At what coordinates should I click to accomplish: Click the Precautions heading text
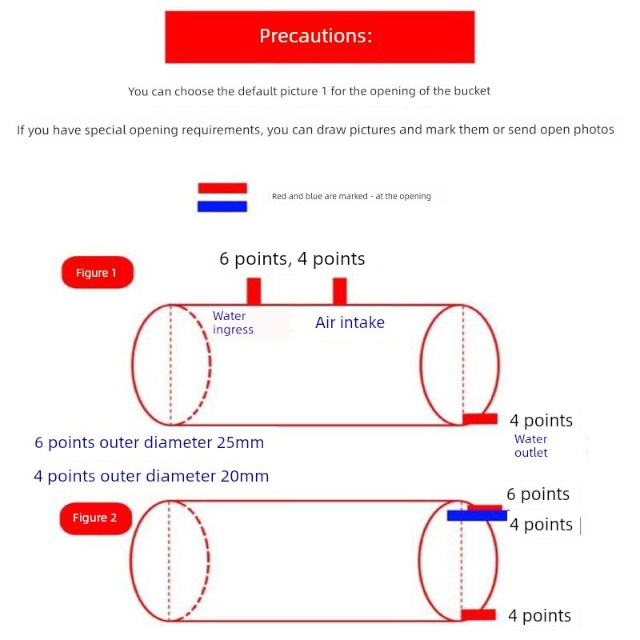(x=316, y=36)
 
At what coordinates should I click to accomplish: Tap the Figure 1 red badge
(x=97, y=273)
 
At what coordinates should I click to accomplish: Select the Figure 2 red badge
(x=95, y=518)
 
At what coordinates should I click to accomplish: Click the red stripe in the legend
(x=222, y=188)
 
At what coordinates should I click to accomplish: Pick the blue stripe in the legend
(x=222, y=206)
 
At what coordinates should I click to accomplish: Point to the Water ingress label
(x=233, y=323)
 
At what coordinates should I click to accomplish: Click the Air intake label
(x=350, y=323)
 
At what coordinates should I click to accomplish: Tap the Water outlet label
(x=530, y=446)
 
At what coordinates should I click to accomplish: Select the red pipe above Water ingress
(x=254, y=291)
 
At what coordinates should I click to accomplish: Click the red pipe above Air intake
(x=340, y=291)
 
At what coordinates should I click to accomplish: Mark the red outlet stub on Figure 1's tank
(x=480, y=419)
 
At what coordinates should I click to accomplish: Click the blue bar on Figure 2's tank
(x=477, y=516)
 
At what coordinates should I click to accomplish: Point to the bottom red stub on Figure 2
(x=478, y=614)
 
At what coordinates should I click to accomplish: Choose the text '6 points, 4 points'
(x=292, y=258)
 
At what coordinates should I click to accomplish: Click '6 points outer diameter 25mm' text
(x=149, y=442)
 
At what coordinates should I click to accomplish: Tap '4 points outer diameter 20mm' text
(x=151, y=476)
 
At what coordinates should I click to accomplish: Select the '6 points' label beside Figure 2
(x=538, y=494)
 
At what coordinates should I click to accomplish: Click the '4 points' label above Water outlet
(x=541, y=421)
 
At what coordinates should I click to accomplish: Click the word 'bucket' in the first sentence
(x=471, y=91)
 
